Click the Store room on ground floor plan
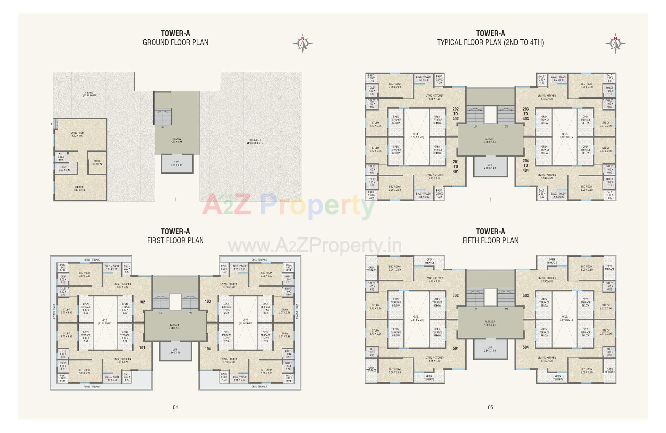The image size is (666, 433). point(97,163)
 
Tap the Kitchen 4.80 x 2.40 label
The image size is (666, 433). point(79,188)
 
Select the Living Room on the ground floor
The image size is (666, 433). point(77,134)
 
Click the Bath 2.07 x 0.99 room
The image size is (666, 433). point(65,169)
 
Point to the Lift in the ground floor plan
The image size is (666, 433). point(177,164)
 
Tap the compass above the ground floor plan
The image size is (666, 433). point(302,44)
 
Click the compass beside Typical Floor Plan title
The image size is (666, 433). point(615,44)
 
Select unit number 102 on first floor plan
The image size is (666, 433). point(142,302)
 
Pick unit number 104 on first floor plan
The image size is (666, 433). point(207,349)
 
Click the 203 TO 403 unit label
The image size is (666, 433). point(526,114)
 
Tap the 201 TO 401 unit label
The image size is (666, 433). point(455,166)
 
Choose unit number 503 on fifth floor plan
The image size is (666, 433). point(526,296)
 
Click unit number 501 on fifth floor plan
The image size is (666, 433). point(455,348)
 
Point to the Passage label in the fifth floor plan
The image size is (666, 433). point(490,323)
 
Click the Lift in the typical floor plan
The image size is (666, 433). point(490,166)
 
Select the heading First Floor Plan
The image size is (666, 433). point(175,240)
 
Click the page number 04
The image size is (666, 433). point(175,407)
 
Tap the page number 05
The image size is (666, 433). point(490,407)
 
